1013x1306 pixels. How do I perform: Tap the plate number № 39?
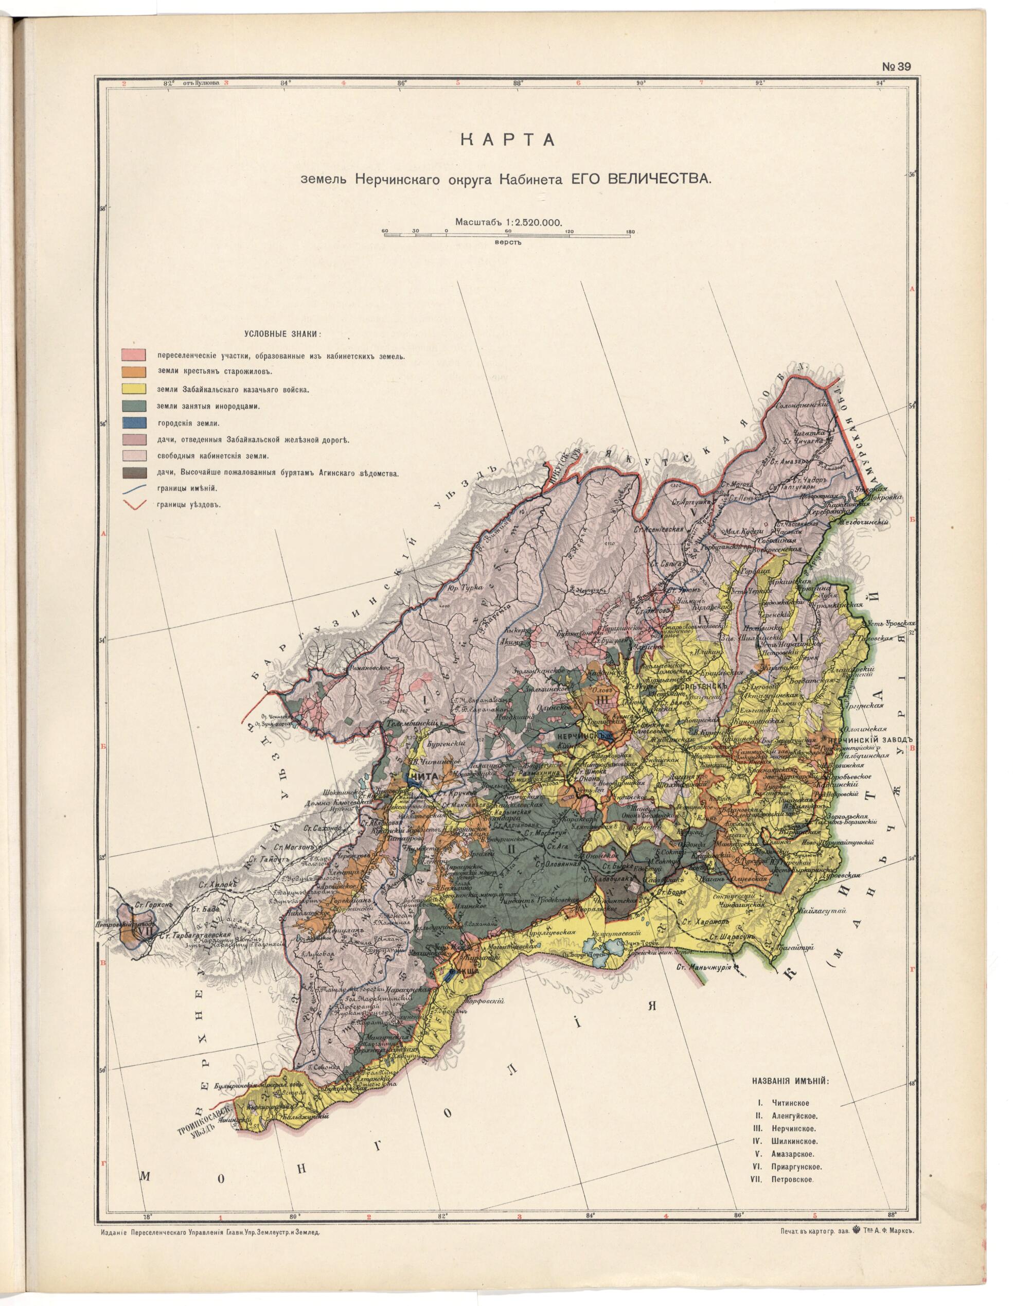[x=895, y=67]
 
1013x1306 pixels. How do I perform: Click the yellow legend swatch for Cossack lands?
[x=133, y=389]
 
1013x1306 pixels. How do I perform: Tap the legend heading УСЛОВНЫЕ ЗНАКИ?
[x=281, y=333]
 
